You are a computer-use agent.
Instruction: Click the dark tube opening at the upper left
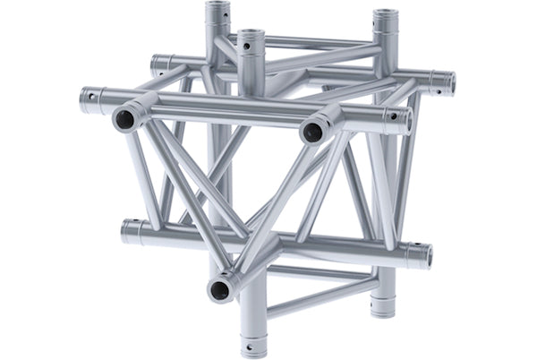point(123,119)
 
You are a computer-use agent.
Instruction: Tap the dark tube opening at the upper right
point(312,132)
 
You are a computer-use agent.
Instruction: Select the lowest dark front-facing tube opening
point(218,288)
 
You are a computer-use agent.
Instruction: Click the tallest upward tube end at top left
point(217,12)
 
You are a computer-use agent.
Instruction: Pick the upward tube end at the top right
point(386,18)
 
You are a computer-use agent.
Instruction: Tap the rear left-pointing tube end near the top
point(158,64)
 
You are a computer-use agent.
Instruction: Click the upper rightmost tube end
point(443,82)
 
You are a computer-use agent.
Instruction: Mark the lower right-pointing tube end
point(418,255)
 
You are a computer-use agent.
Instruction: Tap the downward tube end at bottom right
point(383,307)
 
